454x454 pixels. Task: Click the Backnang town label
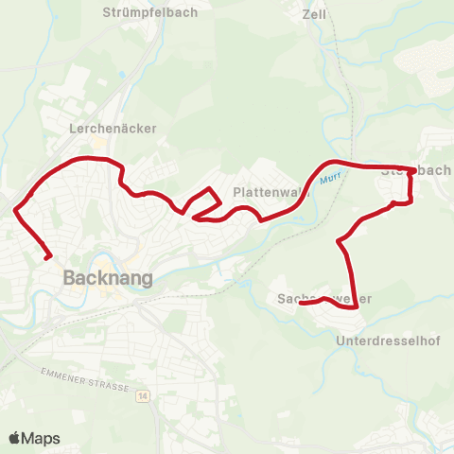pyautogui.click(x=100, y=278)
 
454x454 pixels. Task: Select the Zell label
pyautogui.click(x=313, y=14)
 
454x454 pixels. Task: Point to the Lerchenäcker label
pyautogui.click(x=113, y=128)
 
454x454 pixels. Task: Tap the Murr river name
pyautogui.click(x=329, y=177)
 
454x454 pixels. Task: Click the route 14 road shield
pyautogui.click(x=142, y=393)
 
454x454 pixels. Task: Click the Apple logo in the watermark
pyautogui.click(x=15, y=438)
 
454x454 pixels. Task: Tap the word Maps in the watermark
pyautogui.click(x=42, y=438)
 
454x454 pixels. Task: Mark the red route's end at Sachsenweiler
pyautogui.click(x=301, y=303)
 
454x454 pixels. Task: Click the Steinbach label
pyautogui.click(x=415, y=170)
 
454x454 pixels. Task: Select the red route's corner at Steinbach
pyautogui.click(x=410, y=171)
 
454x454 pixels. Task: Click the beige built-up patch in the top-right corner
pyautogui.click(x=426, y=61)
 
